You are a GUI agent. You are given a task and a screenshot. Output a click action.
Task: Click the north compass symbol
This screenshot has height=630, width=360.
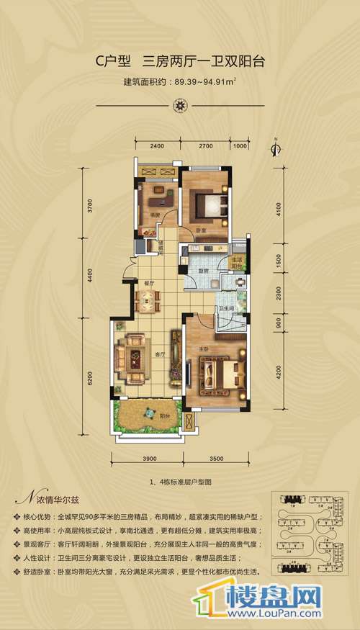(274, 149)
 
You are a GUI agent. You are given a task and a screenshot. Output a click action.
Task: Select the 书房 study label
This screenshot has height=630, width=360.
(154, 214)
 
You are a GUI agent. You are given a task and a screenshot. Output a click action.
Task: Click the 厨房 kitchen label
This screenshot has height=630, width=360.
(204, 271)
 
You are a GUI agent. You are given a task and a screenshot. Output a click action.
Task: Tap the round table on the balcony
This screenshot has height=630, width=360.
(150, 413)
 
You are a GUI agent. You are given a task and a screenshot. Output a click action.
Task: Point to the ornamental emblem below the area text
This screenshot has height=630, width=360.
(180, 103)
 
